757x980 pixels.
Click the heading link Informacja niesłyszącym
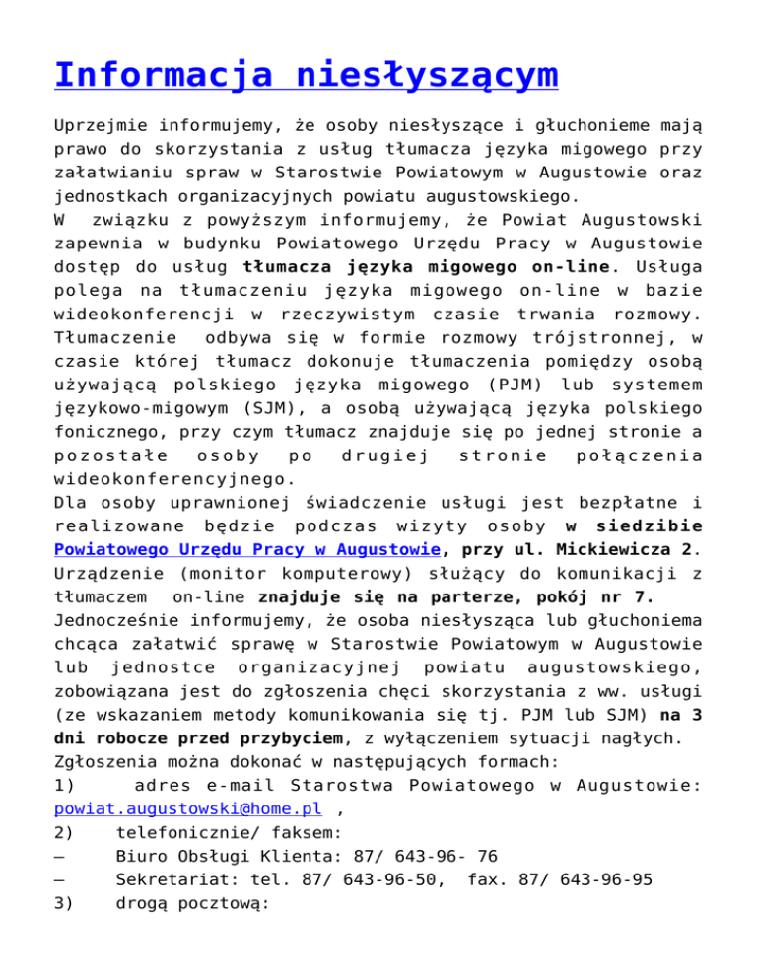click(306, 76)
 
